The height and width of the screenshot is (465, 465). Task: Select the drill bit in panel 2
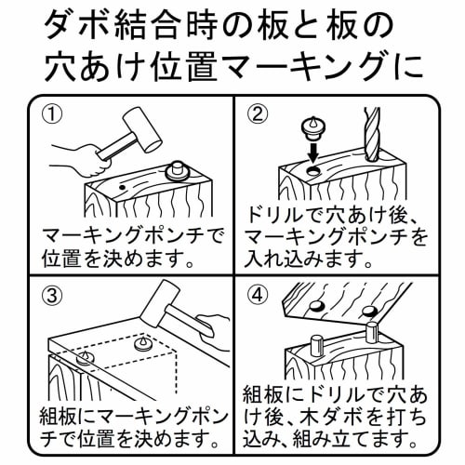pos(373,139)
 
